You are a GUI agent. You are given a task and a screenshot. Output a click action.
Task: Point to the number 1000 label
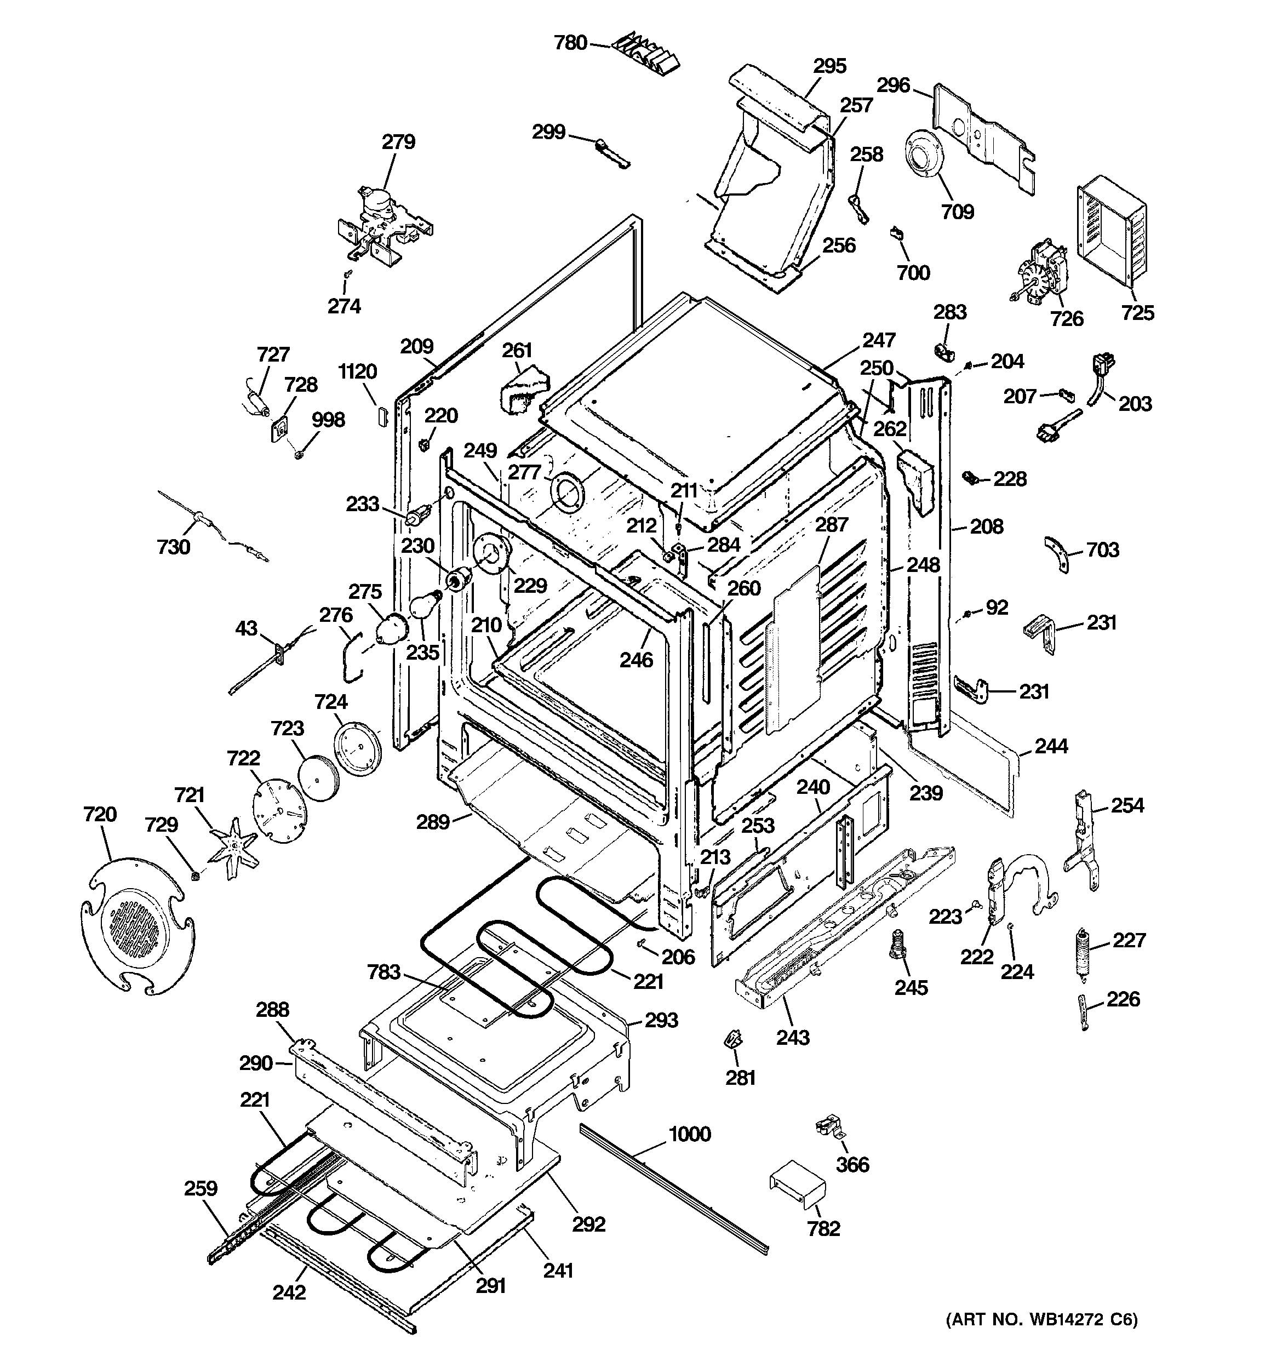coord(689,1134)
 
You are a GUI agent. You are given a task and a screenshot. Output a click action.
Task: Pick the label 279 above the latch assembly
coord(398,142)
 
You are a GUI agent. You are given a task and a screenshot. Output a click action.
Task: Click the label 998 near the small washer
coord(328,420)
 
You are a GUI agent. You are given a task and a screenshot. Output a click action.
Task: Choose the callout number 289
coord(433,822)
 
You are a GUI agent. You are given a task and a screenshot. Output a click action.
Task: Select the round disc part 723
coord(317,776)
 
